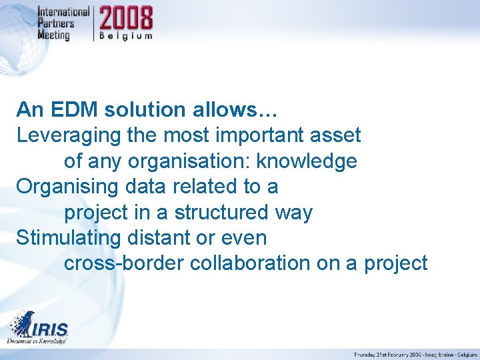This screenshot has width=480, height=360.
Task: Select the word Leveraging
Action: (x=69, y=135)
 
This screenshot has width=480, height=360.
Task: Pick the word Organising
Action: (x=67, y=187)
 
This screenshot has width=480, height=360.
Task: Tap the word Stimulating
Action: (x=69, y=238)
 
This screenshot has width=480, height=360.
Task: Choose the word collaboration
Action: (x=250, y=263)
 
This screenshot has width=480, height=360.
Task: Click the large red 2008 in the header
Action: (x=126, y=18)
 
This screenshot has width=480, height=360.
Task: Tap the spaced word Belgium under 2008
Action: (x=126, y=35)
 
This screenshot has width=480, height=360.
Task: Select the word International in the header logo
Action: (x=63, y=12)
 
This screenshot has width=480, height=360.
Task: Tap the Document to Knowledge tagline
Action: (x=37, y=341)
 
